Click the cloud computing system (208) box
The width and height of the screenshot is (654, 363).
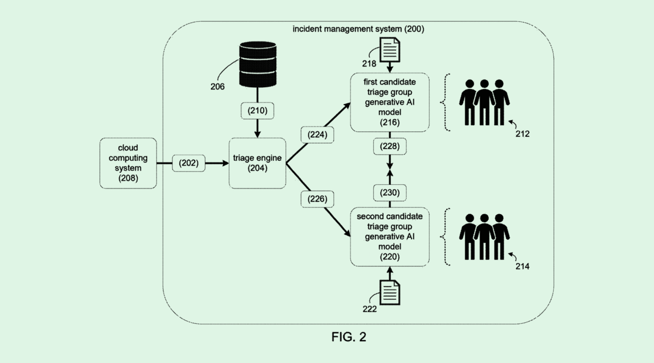coord(129,163)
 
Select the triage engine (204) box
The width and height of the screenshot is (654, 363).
coord(257,163)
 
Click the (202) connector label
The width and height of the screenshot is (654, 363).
coord(189,163)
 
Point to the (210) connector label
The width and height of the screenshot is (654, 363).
coord(257,111)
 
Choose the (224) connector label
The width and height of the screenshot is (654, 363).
coord(317,135)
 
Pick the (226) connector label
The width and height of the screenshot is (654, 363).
coord(317,199)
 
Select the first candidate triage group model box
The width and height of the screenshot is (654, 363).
coord(390,103)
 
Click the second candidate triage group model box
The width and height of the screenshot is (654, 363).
coord(390,237)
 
